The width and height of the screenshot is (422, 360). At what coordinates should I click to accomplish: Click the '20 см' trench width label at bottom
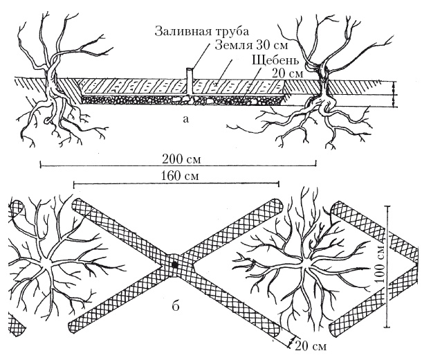[307, 344]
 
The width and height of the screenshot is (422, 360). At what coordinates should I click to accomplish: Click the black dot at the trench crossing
[175, 264]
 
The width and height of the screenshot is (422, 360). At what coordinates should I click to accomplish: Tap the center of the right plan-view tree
[302, 264]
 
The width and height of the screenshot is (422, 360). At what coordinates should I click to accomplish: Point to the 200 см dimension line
[104, 165]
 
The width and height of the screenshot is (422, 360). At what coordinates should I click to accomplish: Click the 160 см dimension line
[125, 184]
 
